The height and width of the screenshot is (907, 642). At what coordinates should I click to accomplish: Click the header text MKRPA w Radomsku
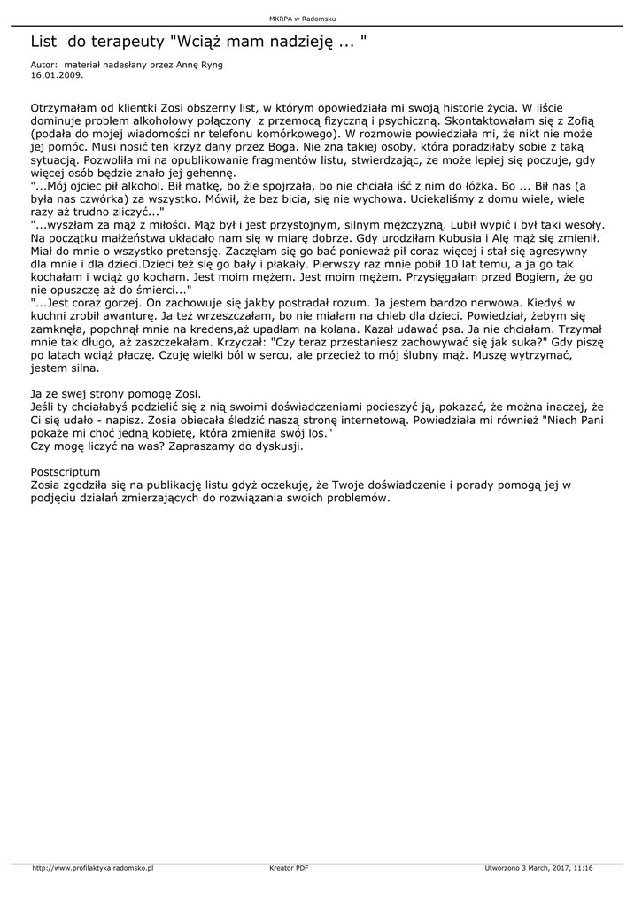[x=302, y=18]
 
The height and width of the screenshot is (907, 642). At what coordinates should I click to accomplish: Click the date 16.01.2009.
[x=52, y=75]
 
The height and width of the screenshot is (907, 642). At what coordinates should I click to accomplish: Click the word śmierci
[x=158, y=291]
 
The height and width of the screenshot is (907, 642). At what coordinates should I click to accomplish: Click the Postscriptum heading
[x=66, y=471]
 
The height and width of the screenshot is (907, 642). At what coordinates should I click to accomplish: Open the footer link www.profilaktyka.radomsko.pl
[x=92, y=868]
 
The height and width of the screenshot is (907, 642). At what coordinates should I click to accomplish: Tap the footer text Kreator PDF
[x=288, y=868]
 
